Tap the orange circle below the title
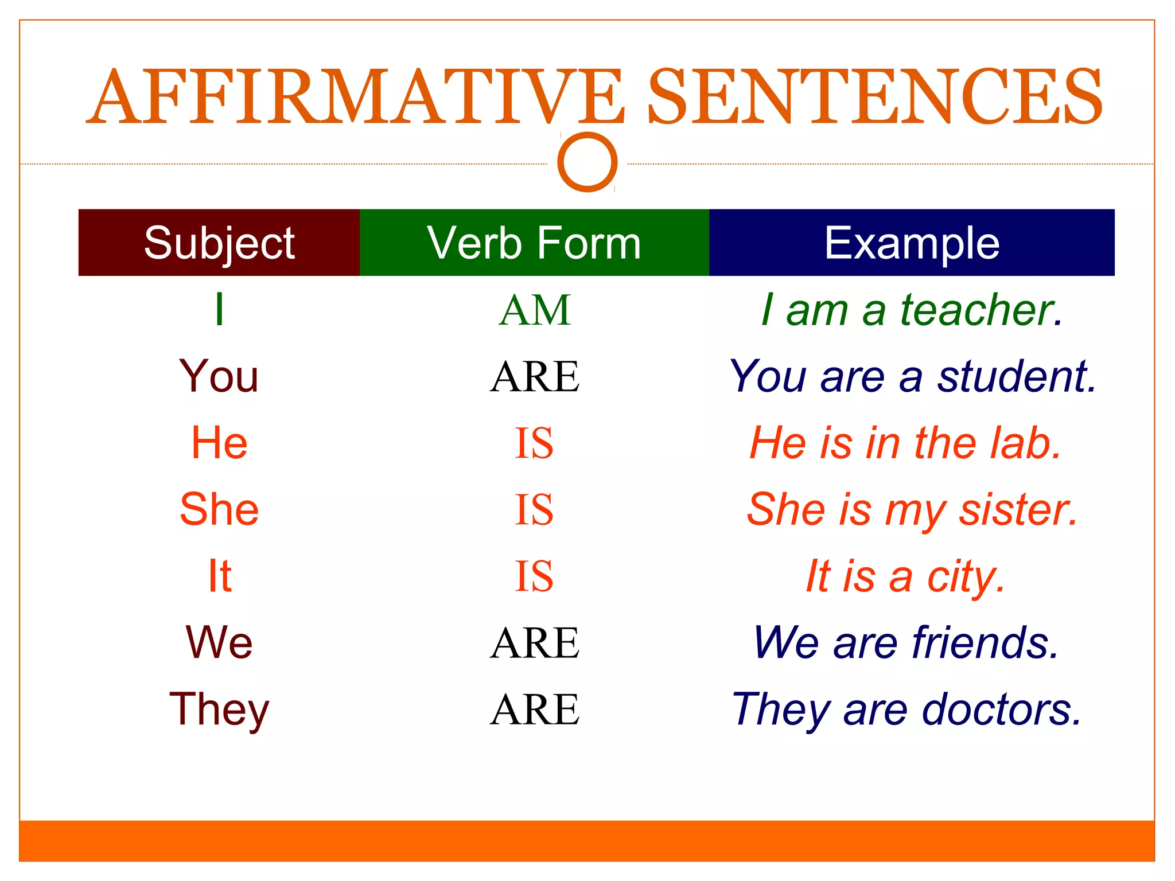[x=587, y=162]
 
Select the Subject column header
[x=219, y=243]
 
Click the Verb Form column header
[x=534, y=243]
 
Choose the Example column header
[x=912, y=243]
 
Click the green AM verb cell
[x=535, y=310]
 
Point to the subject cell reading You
[x=219, y=376]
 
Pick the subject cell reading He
[x=219, y=443]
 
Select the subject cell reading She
[x=219, y=509]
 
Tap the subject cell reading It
[x=219, y=576]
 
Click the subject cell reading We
[x=219, y=642]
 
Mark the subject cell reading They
[x=219, y=710]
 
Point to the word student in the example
[x=1016, y=377]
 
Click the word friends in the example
[x=985, y=643]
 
